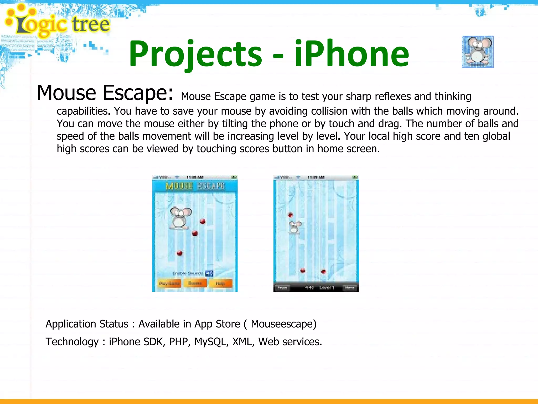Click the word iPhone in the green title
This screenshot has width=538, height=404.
click(351, 54)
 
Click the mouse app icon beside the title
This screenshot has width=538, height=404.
click(478, 52)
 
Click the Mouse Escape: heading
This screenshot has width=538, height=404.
click(105, 93)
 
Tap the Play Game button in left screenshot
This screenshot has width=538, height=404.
click(169, 283)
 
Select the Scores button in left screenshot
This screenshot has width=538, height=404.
click(195, 283)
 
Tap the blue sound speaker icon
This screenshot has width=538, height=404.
click(209, 274)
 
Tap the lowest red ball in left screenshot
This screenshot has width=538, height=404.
click(180, 253)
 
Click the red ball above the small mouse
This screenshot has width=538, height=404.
click(290, 215)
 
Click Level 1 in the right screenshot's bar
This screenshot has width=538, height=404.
click(327, 288)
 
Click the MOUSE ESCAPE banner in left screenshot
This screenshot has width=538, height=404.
click(195, 186)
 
